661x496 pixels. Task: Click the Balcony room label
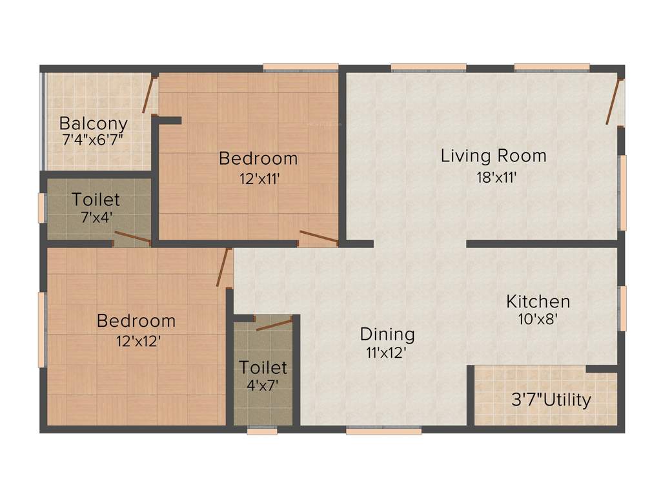pos(94,123)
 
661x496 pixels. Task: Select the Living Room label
pos(494,156)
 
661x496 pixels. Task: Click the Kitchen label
pos(538,302)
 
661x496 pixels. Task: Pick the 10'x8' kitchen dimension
pos(537,318)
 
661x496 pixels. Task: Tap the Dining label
pos(387,335)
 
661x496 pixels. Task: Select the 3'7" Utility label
pos(550,400)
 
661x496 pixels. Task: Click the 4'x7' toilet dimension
pos(263,386)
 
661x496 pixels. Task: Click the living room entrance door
pos(613,101)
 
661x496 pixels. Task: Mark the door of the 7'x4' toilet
pos(132,238)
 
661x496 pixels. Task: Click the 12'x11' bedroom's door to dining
pos(319,238)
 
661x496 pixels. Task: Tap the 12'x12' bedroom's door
pos(223,268)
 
